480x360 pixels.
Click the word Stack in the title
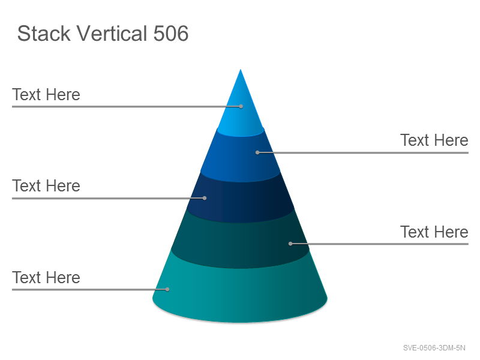44,33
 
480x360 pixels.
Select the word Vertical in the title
112,33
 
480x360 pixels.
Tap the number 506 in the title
171,33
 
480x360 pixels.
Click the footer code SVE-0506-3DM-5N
434,348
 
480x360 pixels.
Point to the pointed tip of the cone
241,70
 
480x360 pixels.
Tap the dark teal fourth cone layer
241,242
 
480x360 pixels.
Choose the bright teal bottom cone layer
241,291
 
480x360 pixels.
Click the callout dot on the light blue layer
241,107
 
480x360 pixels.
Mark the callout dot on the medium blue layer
257,152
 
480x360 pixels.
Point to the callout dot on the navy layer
205,198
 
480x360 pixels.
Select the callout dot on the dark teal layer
290,244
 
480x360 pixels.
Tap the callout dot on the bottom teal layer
167,289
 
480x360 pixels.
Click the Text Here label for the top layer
46,94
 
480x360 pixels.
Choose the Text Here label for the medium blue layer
434,140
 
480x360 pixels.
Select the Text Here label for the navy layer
46,186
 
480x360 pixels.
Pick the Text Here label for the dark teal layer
434,232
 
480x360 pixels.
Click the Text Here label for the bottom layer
46,277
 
